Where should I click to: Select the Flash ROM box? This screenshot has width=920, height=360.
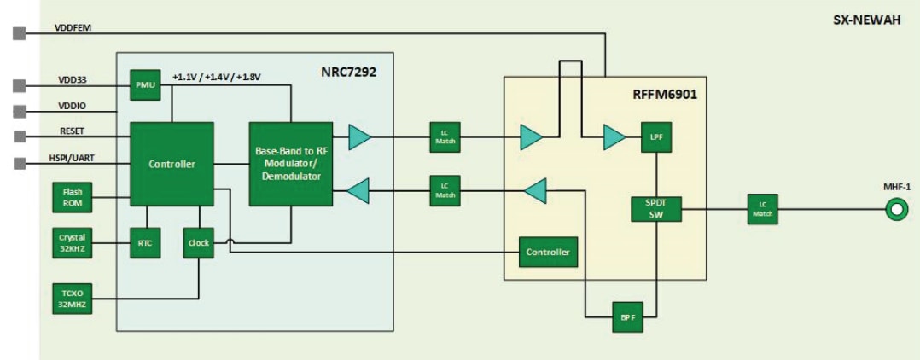[71, 198]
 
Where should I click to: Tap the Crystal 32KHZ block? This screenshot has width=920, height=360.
[71, 241]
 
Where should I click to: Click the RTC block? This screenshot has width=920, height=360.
[145, 242]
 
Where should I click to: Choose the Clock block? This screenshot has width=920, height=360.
[199, 242]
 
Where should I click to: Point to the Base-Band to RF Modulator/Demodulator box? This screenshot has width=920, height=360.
[291, 164]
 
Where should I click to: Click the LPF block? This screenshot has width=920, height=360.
[655, 136]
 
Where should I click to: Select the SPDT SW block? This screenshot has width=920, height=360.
[655, 208]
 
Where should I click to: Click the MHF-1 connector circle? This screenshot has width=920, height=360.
[896, 208]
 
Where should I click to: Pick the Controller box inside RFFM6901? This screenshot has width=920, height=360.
[547, 252]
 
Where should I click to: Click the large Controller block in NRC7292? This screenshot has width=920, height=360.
[172, 164]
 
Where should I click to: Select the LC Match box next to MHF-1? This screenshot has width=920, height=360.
[762, 208]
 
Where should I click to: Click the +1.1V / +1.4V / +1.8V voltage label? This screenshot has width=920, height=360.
[217, 77]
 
